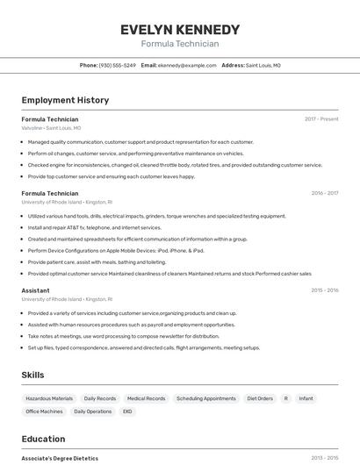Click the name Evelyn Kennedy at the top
(180, 30)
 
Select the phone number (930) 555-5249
(118, 65)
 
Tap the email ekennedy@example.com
(186, 65)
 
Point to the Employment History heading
(65, 100)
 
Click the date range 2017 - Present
(321, 118)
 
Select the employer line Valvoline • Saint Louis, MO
(51, 128)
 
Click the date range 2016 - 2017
(324, 193)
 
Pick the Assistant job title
(35, 290)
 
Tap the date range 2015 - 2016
(324, 290)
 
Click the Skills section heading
(33, 375)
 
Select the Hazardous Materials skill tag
(49, 398)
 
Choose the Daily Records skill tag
(100, 398)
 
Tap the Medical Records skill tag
(146, 398)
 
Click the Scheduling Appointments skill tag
(206, 398)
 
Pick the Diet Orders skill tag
(260, 398)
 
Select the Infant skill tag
(306, 398)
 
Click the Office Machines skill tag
(44, 411)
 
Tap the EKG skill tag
(127, 411)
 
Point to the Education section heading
(43, 439)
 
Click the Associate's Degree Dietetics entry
(60, 458)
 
